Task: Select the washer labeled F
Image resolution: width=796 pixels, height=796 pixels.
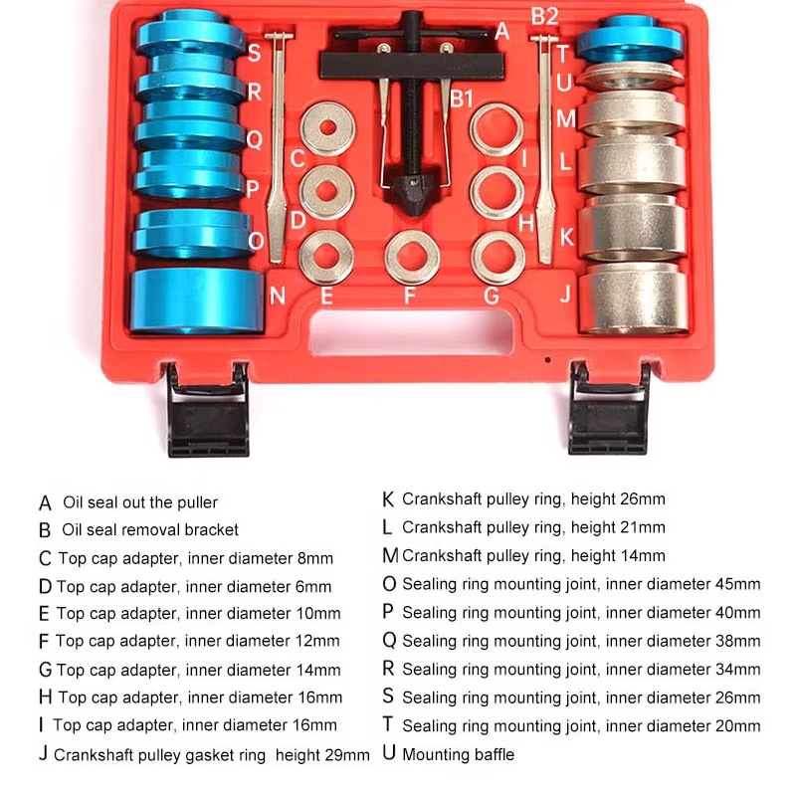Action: tap(412, 256)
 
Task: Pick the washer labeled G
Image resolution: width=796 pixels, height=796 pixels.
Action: tap(497, 256)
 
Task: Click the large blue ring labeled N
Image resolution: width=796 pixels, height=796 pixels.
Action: tap(196, 300)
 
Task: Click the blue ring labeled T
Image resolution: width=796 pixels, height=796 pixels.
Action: tap(629, 41)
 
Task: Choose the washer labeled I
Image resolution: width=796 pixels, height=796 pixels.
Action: tap(496, 128)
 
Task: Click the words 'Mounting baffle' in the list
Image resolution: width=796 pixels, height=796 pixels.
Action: tap(459, 754)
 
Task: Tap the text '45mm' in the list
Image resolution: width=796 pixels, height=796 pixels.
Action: tap(737, 584)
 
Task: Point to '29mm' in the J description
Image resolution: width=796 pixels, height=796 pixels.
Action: tap(347, 755)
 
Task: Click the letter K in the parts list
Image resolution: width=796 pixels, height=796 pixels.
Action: tap(388, 498)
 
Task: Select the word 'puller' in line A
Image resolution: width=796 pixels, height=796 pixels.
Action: tap(193, 502)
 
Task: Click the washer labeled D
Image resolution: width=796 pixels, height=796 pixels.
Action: tap(327, 191)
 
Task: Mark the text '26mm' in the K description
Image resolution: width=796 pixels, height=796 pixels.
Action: tap(642, 498)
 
